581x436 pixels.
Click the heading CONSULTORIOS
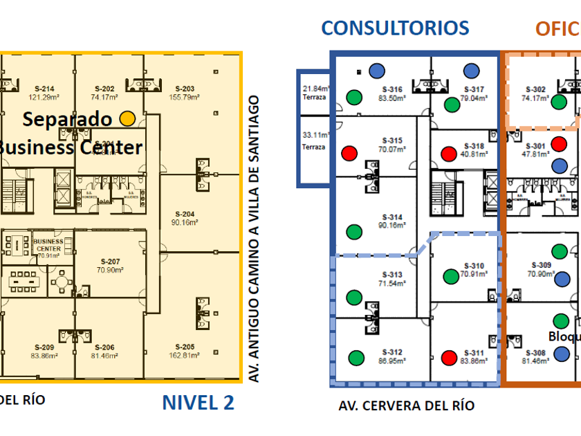[395, 28]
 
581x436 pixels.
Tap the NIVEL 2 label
[199, 402]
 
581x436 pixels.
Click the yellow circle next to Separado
[127, 118]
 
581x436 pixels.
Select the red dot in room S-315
[349, 152]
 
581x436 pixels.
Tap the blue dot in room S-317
[472, 70]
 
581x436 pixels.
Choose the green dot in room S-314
[354, 231]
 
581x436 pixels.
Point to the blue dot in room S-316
[376, 70]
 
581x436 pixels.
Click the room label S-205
[185, 347]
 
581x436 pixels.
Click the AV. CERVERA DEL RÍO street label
[407, 406]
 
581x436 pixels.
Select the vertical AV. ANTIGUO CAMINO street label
[254, 239]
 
